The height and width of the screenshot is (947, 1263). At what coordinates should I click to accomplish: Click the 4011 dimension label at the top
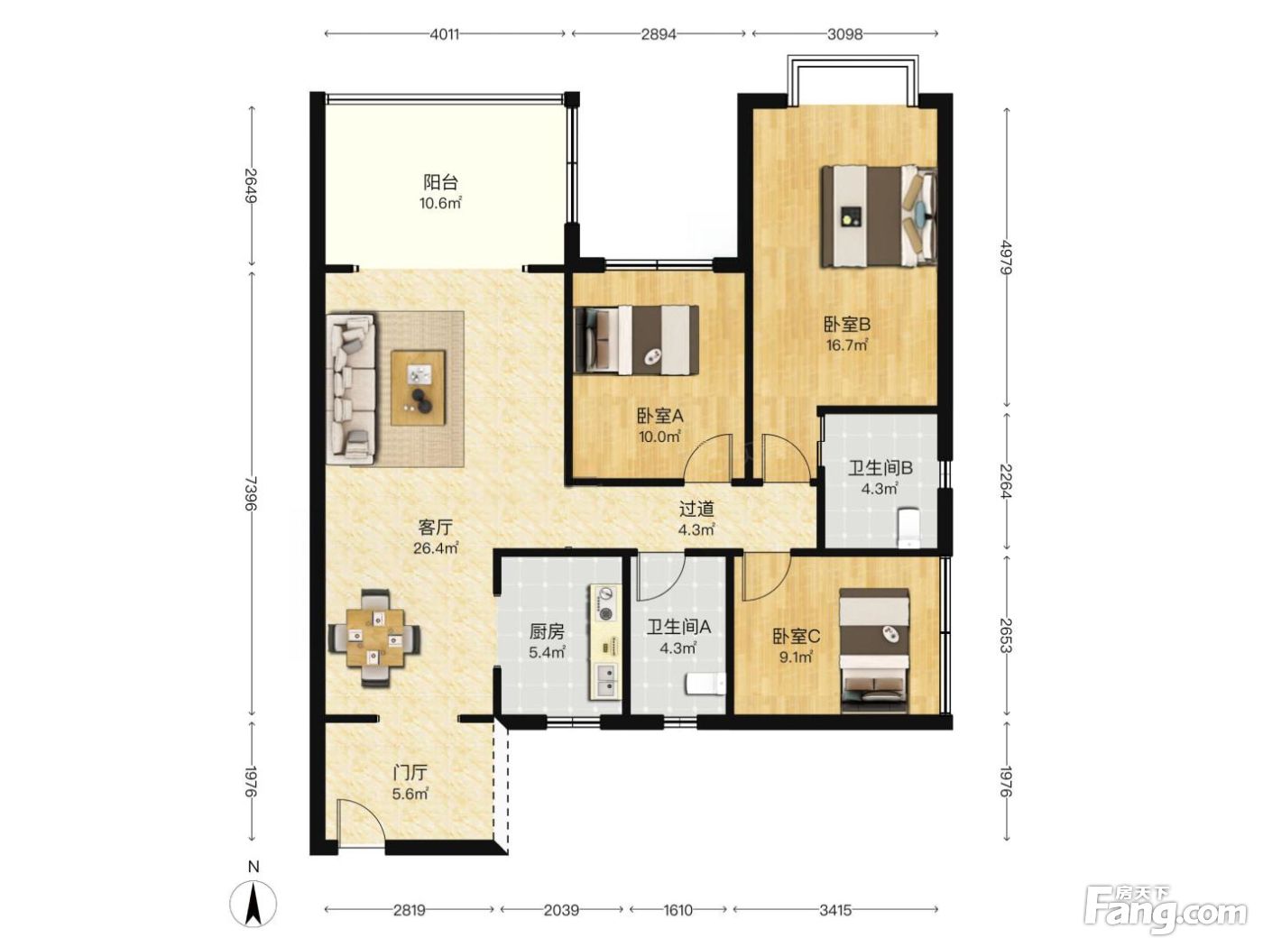point(444,34)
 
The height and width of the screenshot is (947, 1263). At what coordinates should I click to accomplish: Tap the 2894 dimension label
point(659,34)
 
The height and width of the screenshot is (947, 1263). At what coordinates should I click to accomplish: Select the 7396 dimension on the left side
point(251,493)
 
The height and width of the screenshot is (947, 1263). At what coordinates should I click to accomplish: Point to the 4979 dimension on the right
point(1005,257)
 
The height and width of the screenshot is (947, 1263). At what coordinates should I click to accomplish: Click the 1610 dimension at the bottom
point(678,910)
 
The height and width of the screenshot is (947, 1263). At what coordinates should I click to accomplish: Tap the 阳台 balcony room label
point(441,183)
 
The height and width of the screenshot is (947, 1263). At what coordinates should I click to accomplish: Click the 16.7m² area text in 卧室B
point(847,345)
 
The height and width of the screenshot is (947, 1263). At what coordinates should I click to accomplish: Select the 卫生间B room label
point(880,469)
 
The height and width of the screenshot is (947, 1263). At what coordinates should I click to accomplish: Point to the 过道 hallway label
point(696,509)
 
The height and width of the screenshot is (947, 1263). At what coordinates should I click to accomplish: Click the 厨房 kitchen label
point(547,632)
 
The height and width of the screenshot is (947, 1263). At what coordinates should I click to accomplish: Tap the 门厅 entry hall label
point(410,772)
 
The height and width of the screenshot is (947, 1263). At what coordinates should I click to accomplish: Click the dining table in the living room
point(374,637)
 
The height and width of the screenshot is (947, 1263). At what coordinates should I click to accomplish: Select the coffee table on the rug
point(419,388)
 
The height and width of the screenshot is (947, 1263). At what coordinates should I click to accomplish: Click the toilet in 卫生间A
point(706,685)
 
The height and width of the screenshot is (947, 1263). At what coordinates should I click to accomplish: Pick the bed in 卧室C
point(874,645)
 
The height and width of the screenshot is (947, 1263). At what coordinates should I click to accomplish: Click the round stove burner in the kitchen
point(605,613)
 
